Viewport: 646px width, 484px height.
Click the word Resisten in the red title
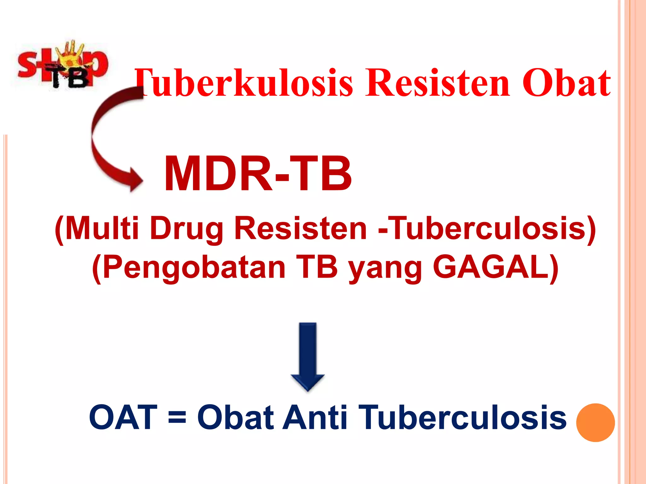[437, 83]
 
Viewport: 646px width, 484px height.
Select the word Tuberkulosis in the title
[244, 83]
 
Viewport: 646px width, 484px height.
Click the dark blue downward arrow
[308, 356]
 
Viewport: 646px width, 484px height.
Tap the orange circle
[595, 423]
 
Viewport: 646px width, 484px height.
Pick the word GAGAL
[495, 267]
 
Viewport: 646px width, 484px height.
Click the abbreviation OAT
[123, 418]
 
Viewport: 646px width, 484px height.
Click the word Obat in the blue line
[235, 418]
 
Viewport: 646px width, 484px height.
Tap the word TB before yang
[317, 267]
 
